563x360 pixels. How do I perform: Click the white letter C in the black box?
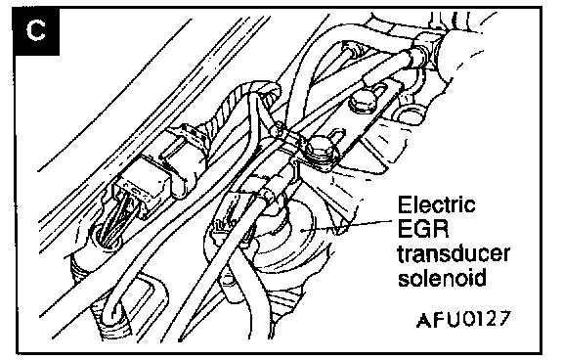pos(36,30)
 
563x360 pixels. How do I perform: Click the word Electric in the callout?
pos(436,205)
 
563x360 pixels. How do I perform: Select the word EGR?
pos(423,229)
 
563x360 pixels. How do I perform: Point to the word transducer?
pos(454,253)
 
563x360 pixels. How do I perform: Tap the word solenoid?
pos(442,277)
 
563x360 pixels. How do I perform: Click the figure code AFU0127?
pos(463,319)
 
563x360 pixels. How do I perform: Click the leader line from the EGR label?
pos(348,225)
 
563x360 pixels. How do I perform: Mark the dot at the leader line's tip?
pos(304,230)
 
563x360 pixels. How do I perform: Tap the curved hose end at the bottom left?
pos(114,316)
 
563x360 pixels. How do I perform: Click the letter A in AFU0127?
pos(424,320)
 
